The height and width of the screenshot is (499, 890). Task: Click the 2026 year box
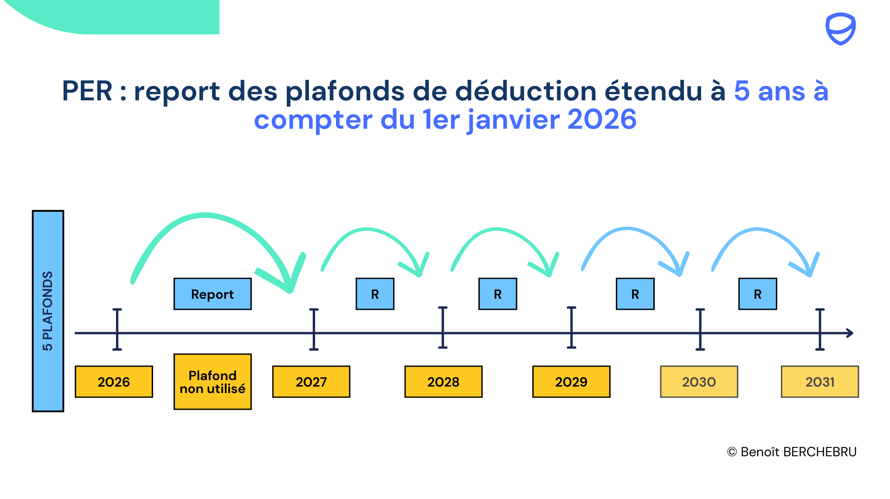coord(114,381)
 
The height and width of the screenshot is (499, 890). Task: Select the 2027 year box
coord(311,381)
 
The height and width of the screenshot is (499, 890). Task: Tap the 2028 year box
coord(443,381)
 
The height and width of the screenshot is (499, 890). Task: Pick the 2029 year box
coord(571,381)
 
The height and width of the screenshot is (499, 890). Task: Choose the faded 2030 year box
coord(699,381)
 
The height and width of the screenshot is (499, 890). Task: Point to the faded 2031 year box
coord(819,381)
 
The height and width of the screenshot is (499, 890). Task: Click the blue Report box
coord(213,294)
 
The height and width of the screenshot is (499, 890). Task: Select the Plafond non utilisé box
coord(213,381)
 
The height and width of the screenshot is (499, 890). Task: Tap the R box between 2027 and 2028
coord(375,294)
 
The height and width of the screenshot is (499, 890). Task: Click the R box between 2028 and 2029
coord(497,294)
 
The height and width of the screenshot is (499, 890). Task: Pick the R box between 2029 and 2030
coord(635,294)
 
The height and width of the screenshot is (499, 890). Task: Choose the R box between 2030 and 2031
coord(757,294)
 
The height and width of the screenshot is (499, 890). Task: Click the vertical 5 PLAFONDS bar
coord(48,311)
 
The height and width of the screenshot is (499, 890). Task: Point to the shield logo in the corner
coord(840,29)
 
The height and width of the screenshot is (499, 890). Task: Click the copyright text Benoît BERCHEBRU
coord(792,452)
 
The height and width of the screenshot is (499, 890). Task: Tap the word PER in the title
coord(87,91)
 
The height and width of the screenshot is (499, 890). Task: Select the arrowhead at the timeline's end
coord(849,333)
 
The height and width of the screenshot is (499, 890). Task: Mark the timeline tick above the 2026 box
coord(117,329)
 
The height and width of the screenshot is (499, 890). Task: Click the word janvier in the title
coord(514,119)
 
